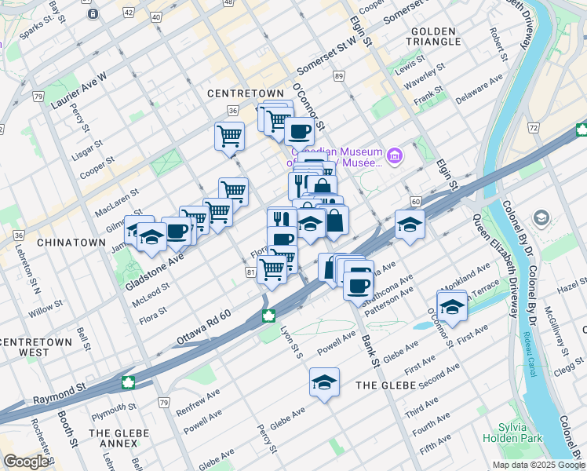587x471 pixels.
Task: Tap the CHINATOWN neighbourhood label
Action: (71, 243)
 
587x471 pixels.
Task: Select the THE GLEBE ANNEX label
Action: (114, 440)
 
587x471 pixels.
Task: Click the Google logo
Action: (26, 462)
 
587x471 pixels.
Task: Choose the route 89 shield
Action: (338, 76)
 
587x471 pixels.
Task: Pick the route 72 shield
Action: (533, 127)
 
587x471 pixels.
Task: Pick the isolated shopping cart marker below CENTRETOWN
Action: (229, 136)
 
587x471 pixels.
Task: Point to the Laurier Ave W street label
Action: (78, 89)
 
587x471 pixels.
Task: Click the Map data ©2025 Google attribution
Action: (538, 465)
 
